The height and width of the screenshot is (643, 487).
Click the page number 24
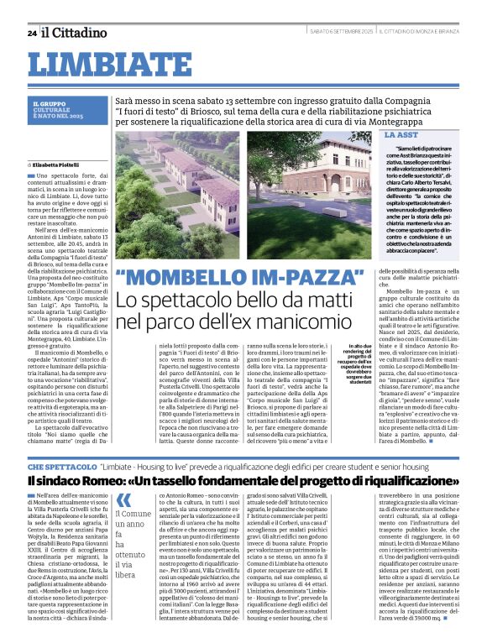click(x=31, y=33)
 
